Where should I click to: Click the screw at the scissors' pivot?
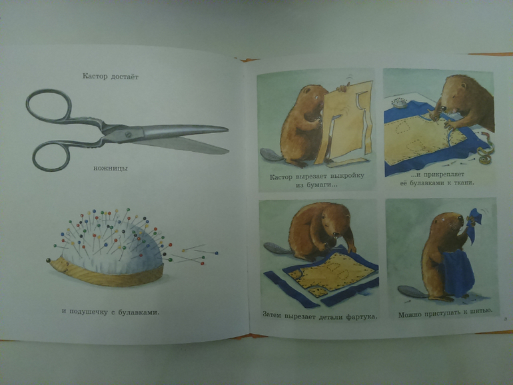click(128, 134)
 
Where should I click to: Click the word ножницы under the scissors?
click(110, 169)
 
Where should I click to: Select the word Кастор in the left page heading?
click(95, 76)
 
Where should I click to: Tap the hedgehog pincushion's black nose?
click(49, 260)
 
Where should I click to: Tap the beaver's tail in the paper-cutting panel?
click(270, 155)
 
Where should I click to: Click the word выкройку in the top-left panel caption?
click(347, 176)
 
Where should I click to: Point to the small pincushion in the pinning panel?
click(399, 103)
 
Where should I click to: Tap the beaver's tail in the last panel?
click(411, 292)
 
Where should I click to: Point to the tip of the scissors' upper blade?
click(228, 129)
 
